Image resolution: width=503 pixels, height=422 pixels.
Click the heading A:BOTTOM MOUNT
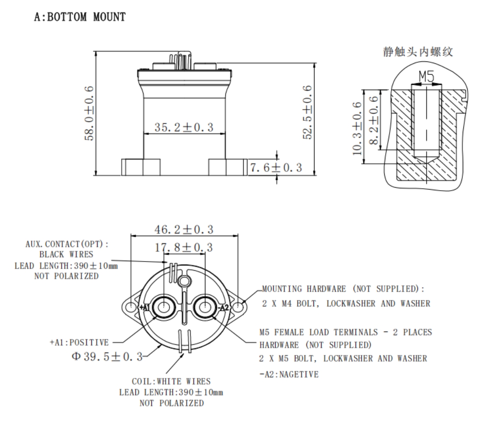click(x=80, y=17)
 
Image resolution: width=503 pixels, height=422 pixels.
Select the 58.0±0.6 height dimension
click(x=89, y=114)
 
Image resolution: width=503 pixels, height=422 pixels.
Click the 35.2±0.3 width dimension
click(x=183, y=127)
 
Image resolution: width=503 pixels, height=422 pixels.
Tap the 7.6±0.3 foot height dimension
click(x=277, y=167)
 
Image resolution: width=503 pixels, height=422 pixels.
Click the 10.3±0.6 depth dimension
click(x=357, y=128)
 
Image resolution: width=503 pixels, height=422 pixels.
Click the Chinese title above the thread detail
click(x=417, y=52)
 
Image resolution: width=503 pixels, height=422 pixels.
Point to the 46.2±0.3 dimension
click(x=184, y=229)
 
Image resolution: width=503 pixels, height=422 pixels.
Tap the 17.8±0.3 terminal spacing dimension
click(x=184, y=248)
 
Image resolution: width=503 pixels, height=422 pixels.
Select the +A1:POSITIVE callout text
click(x=79, y=343)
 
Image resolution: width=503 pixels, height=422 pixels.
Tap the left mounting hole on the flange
click(x=131, y=306)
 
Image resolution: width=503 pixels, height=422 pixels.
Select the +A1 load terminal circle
click(x=162, y=307)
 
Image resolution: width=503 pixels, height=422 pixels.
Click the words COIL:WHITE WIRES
click(x=171, y=381)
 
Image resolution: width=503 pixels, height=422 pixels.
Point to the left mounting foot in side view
click(x=140, y=167)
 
